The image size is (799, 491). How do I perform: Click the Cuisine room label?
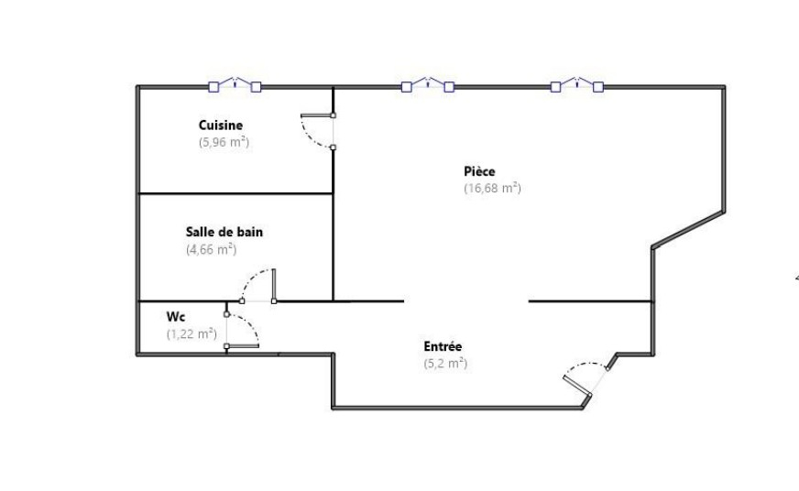click(x=220, y=125)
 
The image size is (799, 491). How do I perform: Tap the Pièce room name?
click(x=479, y=171)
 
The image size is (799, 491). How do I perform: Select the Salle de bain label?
click(x=224, y=233)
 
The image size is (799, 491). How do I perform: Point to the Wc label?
click(x=175, y=317)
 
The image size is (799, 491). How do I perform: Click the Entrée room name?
click(x=443, y=346)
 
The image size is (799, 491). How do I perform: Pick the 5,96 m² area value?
click(x=224, y=142)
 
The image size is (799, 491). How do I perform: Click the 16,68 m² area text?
click(x=492, y=188)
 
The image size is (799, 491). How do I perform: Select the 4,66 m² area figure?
click(x=211, y=249)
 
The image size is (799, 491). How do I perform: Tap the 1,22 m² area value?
click(x=192, y=334)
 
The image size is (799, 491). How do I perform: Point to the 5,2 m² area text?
click(x=445, y=364)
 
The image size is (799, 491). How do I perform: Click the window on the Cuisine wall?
click(x=235, y=85)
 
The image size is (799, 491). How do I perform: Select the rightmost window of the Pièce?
click(x=577, y=85)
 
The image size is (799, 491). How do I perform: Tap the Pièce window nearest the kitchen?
click(x=428, y=85)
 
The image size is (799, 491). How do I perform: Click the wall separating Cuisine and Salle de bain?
click(x=235, y=193)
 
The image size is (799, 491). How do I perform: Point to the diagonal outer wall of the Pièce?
click(x=688, y=229)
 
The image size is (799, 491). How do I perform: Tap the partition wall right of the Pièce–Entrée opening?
click(x=591, y=301)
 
